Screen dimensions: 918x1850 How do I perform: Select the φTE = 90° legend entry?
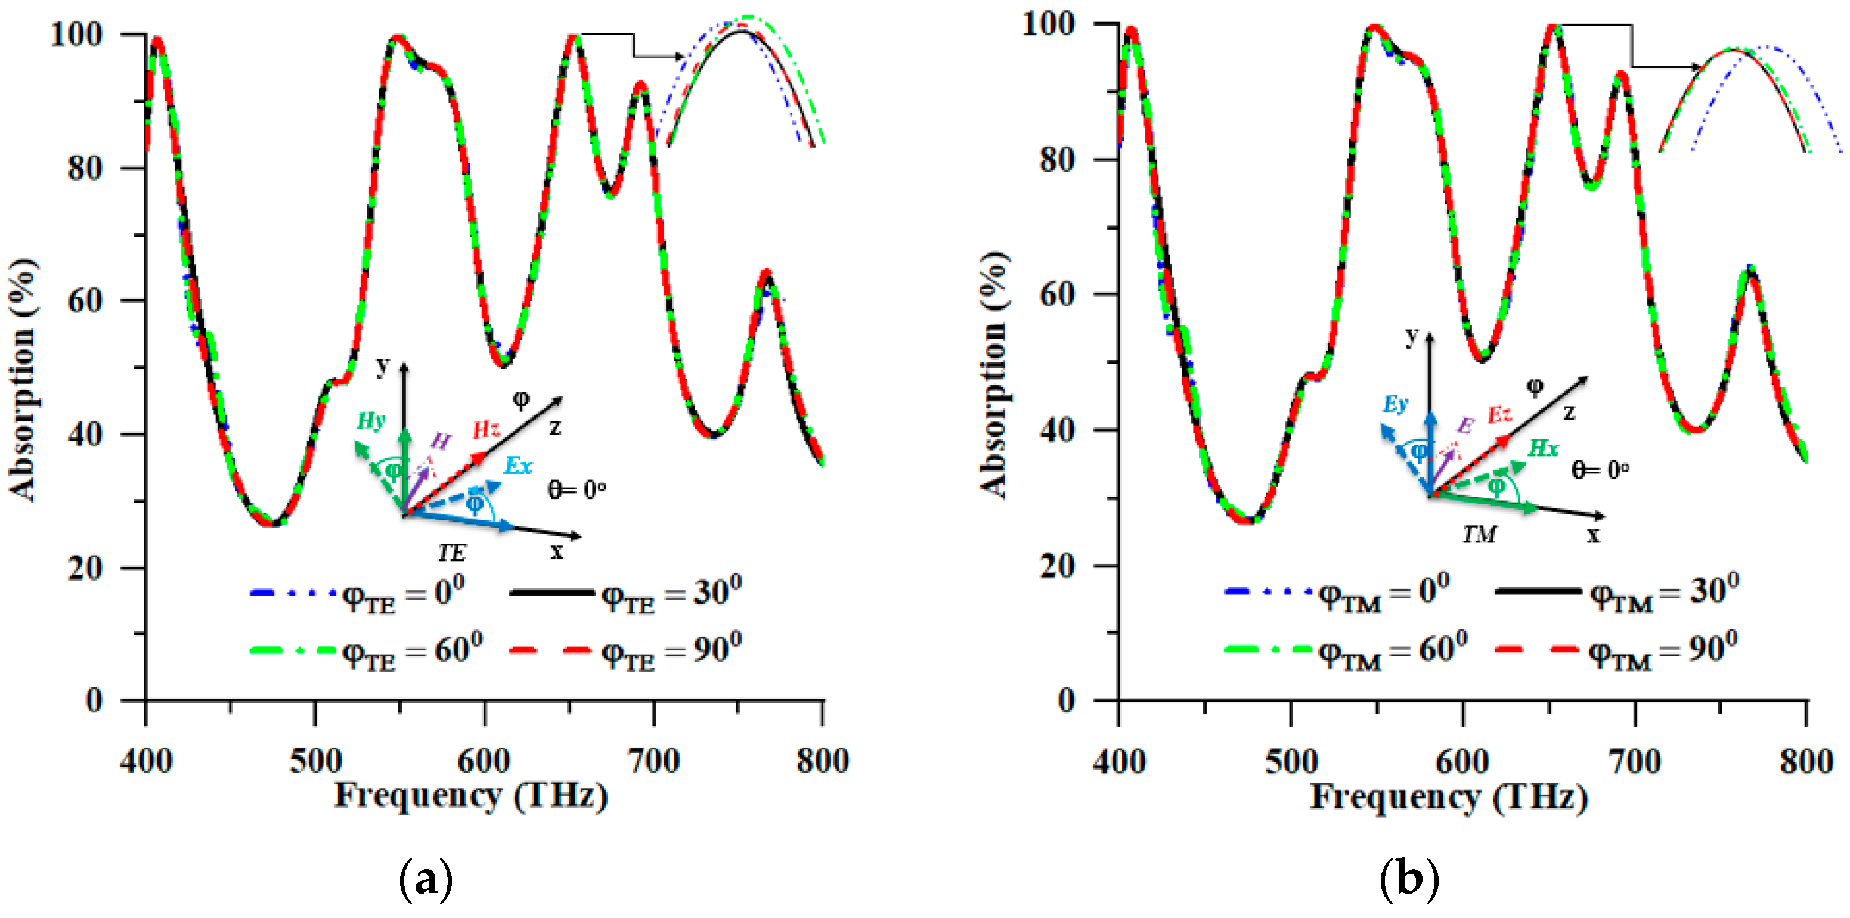point(625,651)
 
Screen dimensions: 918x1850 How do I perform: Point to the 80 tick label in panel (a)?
point(85,168)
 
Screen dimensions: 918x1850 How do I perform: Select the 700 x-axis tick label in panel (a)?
point(653,761)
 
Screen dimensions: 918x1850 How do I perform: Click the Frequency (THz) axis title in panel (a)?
point(471,796)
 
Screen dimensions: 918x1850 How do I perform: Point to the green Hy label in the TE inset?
point(371,421)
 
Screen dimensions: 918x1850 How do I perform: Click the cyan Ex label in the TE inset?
point(518,466)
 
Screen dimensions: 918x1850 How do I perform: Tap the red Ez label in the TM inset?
point(1499,414)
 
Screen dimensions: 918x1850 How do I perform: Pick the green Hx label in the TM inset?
point(1542,448)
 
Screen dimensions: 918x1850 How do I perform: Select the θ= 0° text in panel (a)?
point(577,490)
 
